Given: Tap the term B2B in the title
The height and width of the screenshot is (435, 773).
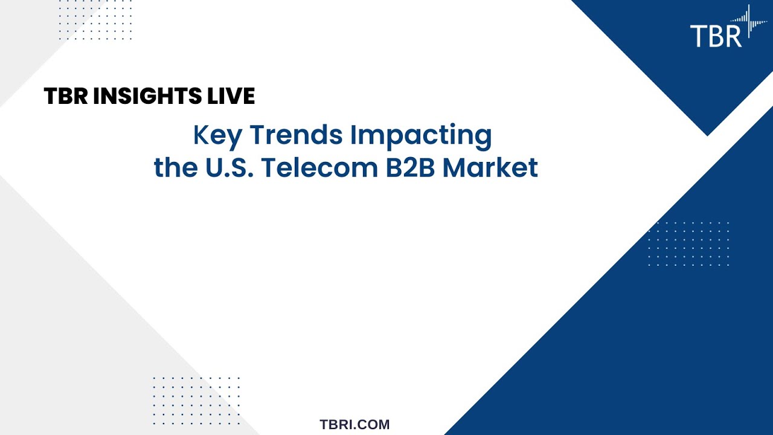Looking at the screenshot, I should (411, 167).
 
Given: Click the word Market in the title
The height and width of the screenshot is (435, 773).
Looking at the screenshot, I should (490, 167).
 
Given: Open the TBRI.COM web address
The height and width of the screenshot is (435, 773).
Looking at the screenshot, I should (354, 425).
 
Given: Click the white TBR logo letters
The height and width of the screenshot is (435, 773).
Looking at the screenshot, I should (716, 35).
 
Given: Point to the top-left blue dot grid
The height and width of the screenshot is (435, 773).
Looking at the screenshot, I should (95, 20).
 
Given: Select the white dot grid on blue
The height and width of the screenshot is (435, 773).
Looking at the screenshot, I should (688, 244).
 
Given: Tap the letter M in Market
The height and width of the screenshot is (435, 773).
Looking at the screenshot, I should (455, 167).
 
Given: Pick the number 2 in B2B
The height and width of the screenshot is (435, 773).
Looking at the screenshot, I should (411, 167).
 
